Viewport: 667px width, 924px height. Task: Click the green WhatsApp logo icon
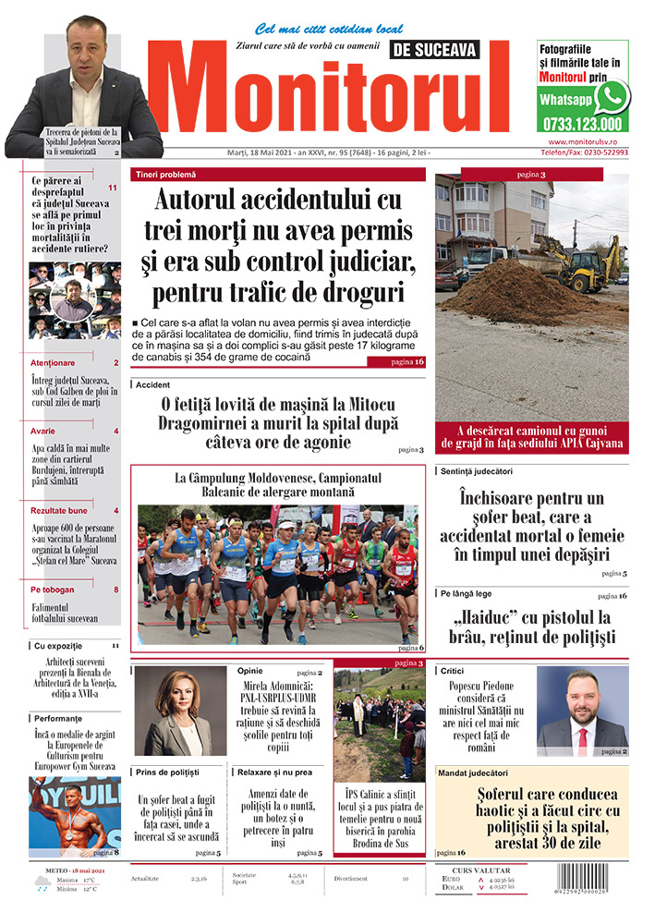click(611, 96)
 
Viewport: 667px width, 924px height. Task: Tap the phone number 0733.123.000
click(582, 124)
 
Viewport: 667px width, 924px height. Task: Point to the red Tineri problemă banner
click(278, 174)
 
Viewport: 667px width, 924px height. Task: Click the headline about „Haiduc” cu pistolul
click(533, 626)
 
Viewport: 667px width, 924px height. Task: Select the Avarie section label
click(43, 432)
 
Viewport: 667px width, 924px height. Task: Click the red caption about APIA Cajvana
click(532, 436)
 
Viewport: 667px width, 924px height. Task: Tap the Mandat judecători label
click(474, 772)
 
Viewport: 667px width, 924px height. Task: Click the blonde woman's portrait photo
click(180, 711)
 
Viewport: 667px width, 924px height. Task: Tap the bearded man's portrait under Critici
click(582, 711)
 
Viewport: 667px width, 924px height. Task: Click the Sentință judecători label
click(477, 471)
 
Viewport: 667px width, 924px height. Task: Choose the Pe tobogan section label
click(50, 590)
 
